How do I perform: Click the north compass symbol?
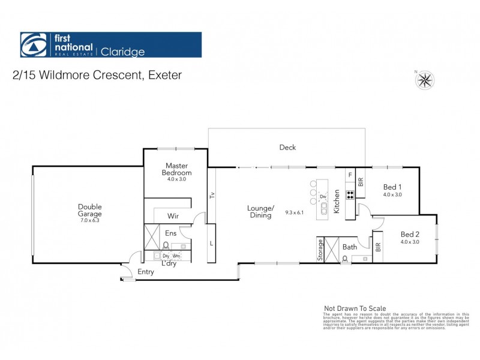pos(425,79)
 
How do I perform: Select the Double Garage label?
pos(89,210)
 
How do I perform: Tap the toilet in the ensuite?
pos(165,245)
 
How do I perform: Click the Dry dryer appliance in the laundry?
pos(166,256)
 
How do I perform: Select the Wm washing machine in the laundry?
pos(176,256)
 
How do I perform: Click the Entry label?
pos(146,272)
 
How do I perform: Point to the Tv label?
pos(211,196)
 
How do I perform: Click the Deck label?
pos(287,147)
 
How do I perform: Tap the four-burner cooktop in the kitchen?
pos(349,195)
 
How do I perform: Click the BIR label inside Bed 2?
pos(377,247)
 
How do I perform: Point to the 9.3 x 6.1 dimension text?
pos(295,212)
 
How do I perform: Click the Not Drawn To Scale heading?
pos(355,308)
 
